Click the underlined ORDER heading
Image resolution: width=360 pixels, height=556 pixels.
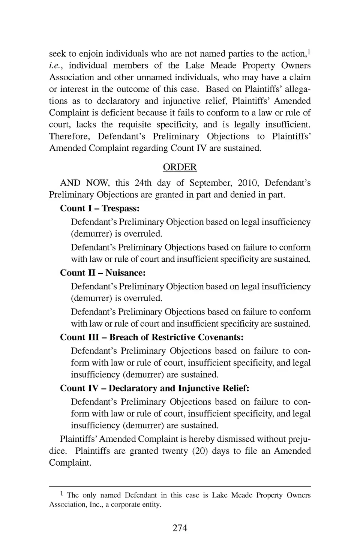pyautogui.click(x=180, y=167)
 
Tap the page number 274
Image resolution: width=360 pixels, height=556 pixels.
pyautogui.click(x=180, y=528)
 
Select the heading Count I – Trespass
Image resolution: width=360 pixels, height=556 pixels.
pyautogui.click(x=100, y=208)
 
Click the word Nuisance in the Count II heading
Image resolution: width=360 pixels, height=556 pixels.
pyautogui.click(x=125, y=273)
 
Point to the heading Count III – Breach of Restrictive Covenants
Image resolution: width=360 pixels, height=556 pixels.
pyautogui.click(x=152, y=337)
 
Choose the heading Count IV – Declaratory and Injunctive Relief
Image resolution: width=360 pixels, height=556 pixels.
pyautogui.click(x=154, y=388)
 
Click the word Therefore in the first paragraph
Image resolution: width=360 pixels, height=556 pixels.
pyautogui.click(x=69, y=136)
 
